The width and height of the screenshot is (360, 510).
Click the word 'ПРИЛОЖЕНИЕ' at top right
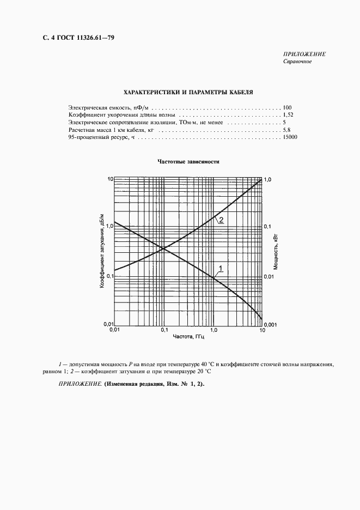[304, 54]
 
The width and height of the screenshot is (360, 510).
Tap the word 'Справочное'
[297, 62]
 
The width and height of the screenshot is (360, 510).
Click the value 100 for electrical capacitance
[288, 107]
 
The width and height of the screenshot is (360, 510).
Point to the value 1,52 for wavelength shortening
[288, 116]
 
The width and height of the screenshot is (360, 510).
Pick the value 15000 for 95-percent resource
[290, 138]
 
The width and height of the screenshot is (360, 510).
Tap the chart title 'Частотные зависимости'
[188, 162]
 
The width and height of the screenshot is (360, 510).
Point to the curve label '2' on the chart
[222, 220]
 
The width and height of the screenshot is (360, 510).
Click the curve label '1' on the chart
[221, 267]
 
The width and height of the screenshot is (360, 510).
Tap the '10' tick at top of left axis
[109, 179]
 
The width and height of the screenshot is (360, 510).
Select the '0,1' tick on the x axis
[164, 331]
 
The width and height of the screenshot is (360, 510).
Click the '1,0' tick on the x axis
[213, 331]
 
